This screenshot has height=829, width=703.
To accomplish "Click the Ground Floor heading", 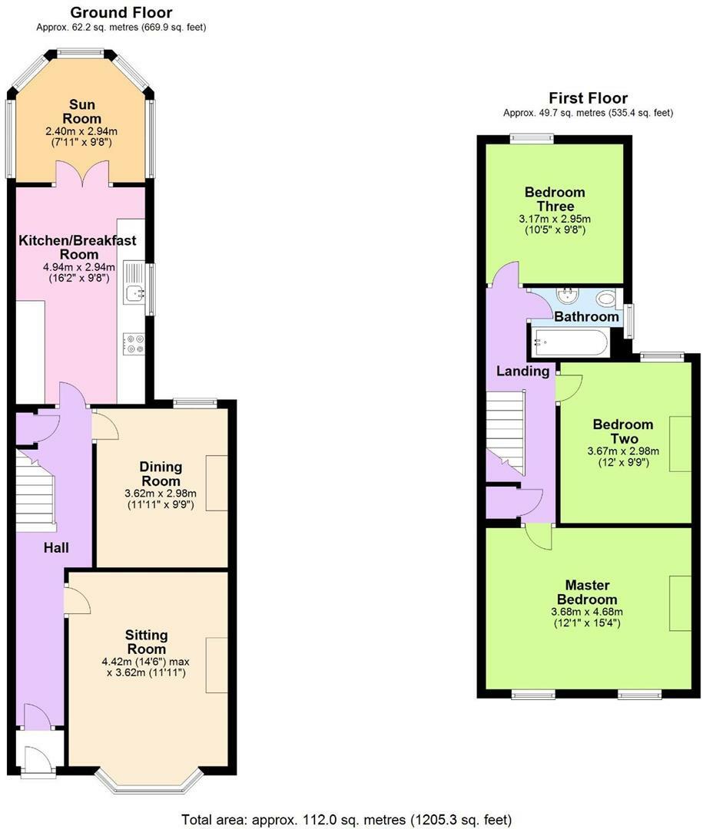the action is click(x=121, y=12).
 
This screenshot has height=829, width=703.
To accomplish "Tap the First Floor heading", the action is click(x=588, y=97).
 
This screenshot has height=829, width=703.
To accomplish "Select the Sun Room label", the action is click(x=81, y=111).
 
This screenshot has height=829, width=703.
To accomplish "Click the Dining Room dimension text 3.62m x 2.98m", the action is click(x=161, y=494).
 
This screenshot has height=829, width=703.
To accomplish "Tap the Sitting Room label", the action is click(x=146, y=642).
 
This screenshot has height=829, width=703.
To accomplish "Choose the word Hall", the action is click(x=56, y=548).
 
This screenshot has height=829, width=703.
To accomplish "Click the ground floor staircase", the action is click(x=35, y=490).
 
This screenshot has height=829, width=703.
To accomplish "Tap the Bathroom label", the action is click(x=586, y=317).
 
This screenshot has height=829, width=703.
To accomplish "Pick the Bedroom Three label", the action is click(x=555, y=199).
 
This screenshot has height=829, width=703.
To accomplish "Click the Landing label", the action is click(x=523, y=372).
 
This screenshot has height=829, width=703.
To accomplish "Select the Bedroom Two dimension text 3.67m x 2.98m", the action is click(x=624, y=451).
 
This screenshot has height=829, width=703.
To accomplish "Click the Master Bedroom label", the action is click(x=587, y=592).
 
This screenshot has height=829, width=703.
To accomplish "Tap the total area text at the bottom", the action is click(x=347, y=820).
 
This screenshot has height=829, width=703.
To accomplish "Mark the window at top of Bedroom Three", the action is click(x=532, y=139).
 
